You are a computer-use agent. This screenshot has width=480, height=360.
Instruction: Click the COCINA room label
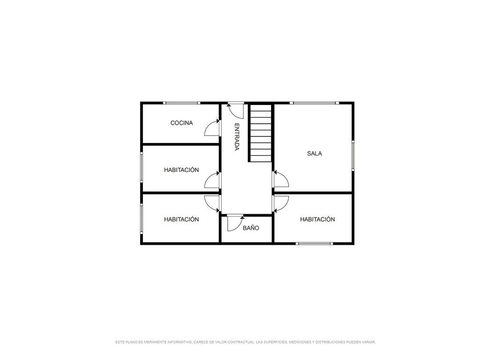(181, 123)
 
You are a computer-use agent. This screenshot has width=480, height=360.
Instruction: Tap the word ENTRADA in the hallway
(237, 137)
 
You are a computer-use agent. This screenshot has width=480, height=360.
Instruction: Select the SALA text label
(315, 154)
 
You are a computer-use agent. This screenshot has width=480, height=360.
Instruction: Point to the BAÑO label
(251, 228)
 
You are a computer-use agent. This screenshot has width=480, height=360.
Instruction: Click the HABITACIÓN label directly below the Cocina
(181, 170)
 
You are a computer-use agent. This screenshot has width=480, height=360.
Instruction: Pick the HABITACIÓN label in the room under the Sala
(317, 219)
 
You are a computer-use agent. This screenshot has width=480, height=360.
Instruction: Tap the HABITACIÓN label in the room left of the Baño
(181, 219)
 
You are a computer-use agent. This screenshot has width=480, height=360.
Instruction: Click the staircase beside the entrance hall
(260, 133)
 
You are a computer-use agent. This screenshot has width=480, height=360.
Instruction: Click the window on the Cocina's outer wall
(181, 103)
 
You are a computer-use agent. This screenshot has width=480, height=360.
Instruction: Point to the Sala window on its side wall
(353, 155)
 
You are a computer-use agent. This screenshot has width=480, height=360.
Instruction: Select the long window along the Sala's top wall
(315, 103)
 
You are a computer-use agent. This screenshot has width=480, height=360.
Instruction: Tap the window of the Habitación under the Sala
(315, 244)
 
